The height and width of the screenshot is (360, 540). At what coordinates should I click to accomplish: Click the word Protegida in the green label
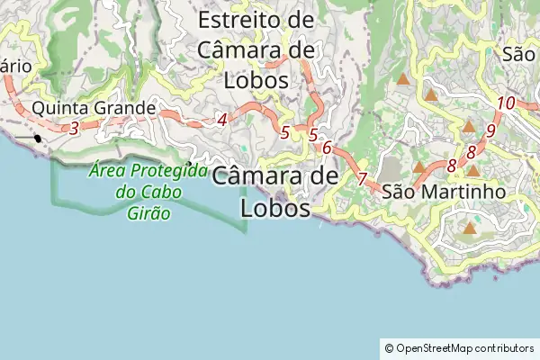(168, 171)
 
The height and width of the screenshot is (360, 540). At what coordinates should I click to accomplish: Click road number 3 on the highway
(74, 128)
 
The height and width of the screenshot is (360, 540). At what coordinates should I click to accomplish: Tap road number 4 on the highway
(221, 119)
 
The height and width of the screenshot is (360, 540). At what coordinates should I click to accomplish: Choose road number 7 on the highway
(362, 178)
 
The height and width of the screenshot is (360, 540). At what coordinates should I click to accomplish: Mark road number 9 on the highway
(490, 130)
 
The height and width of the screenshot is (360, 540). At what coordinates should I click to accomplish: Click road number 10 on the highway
(506, 103)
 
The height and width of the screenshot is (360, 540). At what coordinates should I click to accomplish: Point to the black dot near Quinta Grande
(38, 139)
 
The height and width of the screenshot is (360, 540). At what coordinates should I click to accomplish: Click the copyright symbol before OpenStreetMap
(389, 347)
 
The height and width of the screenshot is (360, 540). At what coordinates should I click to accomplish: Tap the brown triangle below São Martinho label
(469, 229)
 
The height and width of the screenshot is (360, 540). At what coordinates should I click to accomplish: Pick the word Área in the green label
(107, 171)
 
